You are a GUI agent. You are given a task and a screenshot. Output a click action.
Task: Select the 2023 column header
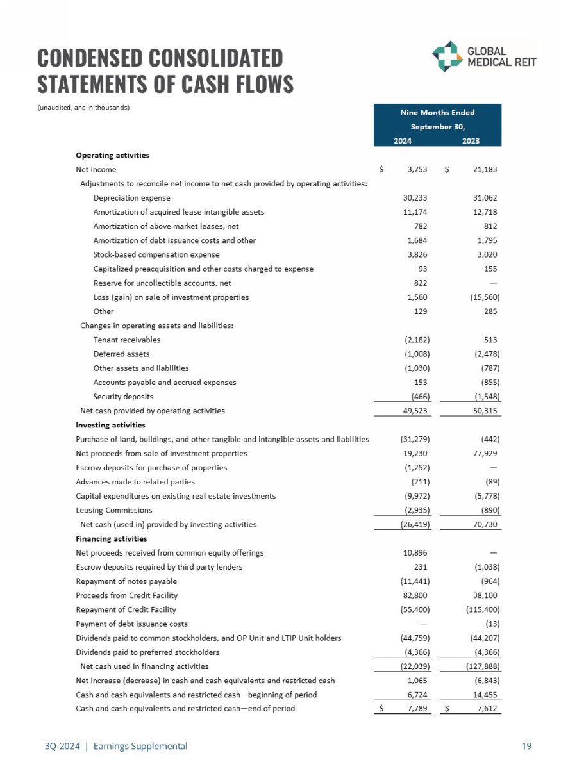(471, 141)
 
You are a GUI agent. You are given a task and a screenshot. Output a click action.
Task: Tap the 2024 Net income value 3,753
(417, 169)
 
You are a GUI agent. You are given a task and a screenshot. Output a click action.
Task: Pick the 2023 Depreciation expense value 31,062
(484, 198)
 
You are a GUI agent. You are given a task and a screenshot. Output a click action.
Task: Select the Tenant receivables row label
(127, 340)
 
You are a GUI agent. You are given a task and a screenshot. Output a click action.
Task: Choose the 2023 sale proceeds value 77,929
(484, 453)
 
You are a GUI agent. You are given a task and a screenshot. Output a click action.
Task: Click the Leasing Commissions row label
(114, 510)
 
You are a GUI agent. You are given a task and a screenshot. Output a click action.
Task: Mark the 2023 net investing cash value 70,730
(484, 524)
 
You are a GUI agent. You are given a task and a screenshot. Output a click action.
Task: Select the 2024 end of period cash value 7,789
(417, 708)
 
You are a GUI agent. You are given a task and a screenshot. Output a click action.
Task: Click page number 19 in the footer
(527, 746)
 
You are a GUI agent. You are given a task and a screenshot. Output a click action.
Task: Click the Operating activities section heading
(112, 155)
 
